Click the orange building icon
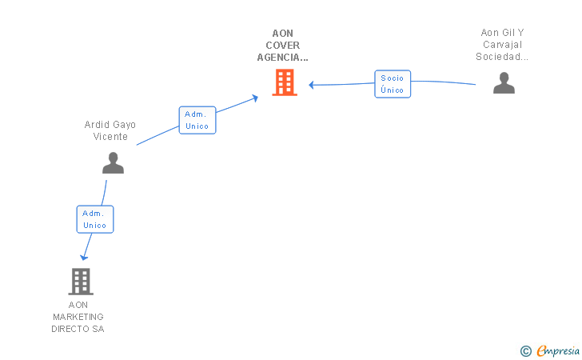click(285, 82)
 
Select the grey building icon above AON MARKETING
click(81, 282)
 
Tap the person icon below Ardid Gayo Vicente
click(114, 162)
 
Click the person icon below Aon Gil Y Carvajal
click(504, 83)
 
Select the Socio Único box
click(393, 84)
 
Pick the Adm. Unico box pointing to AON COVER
click(197, 120)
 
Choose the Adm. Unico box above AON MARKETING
click(95, 219)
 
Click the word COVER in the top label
click(283, 46)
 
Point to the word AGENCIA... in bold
click(283, 58)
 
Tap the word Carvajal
click(503, 45)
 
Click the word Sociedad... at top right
click(502, 57)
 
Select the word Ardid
click(97, 125)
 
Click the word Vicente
click(110, 137)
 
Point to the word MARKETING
click(78, 317)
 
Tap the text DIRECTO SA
click(78, 329)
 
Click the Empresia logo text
click(558, 350)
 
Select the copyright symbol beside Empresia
click(526, 351)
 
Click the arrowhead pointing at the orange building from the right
click(312, 85)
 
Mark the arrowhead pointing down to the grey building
click(84, 257)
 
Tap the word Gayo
click(124, 125)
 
